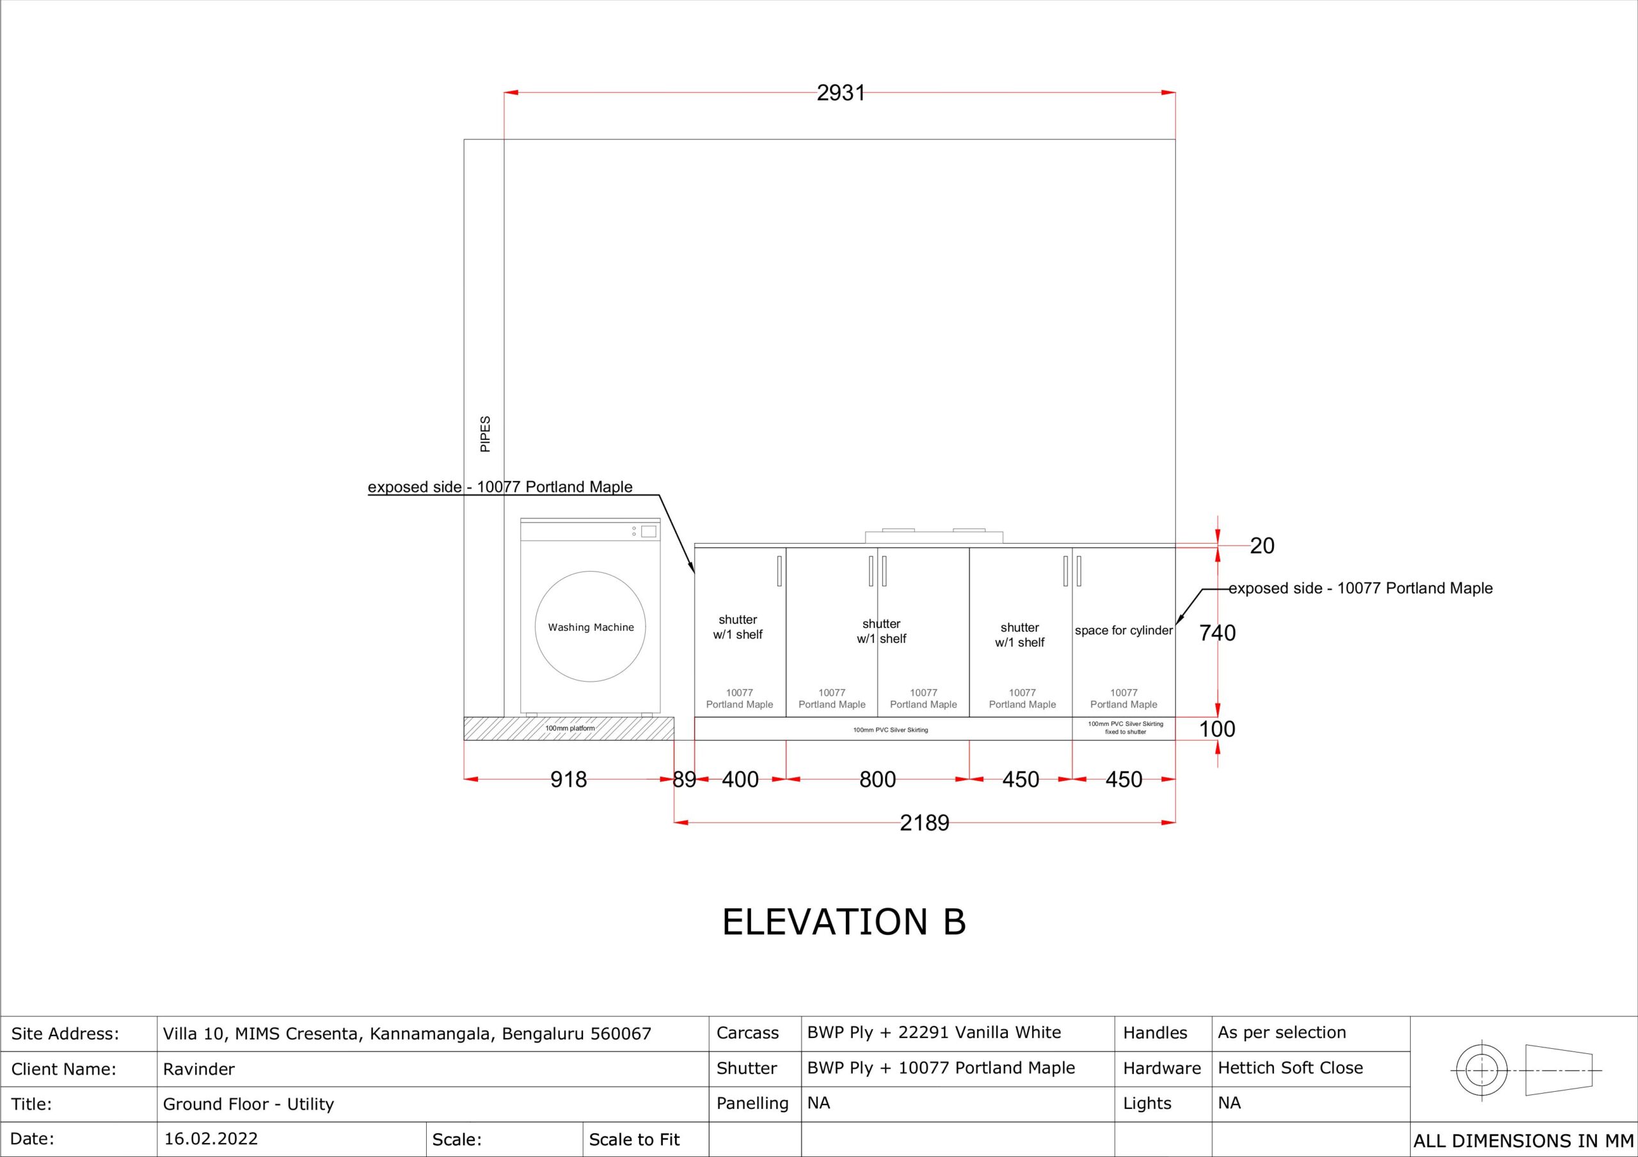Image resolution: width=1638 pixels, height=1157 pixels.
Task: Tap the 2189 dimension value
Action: click(925, 823)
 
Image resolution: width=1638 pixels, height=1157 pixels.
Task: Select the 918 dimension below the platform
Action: click(569, 780)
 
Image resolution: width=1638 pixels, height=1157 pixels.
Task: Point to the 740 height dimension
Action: click(1217, 633)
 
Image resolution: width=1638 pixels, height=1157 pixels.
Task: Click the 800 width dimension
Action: click(877, 780)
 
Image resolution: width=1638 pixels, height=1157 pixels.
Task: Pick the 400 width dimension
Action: click(740, 780)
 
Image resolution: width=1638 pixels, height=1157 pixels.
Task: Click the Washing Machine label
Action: click(591, 627)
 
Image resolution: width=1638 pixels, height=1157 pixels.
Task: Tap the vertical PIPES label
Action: click(485, 434)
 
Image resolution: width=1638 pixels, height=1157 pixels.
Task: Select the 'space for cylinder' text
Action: click(1124, 631)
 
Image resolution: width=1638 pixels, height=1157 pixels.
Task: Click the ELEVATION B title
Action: click(844, 922)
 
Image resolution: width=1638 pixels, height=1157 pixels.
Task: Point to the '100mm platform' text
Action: click(570, 728)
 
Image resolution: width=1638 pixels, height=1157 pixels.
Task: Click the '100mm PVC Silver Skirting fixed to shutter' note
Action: click(1125, 728)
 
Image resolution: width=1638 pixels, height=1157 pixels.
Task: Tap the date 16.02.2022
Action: click(211, 1138)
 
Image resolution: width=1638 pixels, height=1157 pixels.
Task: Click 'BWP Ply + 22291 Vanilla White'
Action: click(934, 1032)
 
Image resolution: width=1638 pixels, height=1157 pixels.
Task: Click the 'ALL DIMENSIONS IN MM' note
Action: click(1523, 1141)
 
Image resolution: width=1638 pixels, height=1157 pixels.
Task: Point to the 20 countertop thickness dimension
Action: click(1262, 546)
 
